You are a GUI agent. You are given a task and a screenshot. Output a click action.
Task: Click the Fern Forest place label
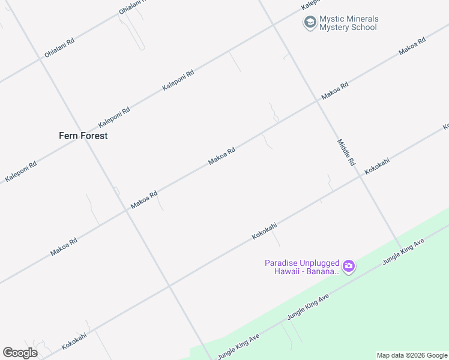point(83,136)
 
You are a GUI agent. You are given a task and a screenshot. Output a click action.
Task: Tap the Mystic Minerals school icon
point(310,23)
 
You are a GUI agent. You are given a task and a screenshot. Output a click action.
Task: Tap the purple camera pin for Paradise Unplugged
point(348,266)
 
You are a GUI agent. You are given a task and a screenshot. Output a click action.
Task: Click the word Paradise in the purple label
point(282,263)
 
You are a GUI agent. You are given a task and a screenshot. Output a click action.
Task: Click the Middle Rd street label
point(346,152)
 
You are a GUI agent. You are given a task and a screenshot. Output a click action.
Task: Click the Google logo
point(20,353)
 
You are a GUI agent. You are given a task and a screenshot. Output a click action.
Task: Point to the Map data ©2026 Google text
point(412,355)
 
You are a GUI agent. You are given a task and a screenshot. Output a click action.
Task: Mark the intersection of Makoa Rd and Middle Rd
point(316,102)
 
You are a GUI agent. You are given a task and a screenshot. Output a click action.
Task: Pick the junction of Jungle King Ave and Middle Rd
point(401,248)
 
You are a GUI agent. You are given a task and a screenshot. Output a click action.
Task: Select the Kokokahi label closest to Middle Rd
point(377,166)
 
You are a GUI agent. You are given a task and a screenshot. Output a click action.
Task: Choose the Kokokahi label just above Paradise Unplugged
point(264,232)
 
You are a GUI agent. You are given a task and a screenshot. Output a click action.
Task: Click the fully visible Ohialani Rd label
point(59,49)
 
